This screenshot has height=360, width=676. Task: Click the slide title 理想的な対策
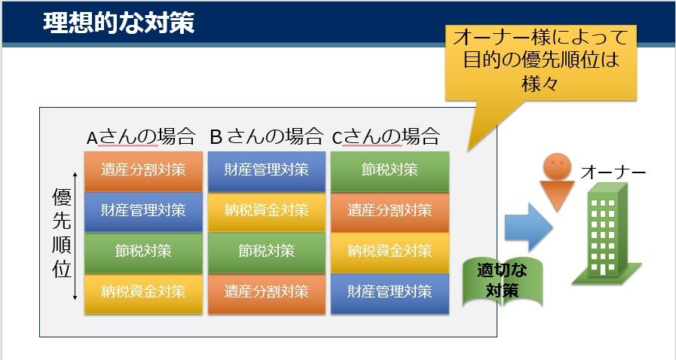pos(118,23)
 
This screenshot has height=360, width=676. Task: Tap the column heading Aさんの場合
pos(141,137)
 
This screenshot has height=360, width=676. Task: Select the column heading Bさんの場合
pos(266,137)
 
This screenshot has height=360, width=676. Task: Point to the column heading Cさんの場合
pos(386,137)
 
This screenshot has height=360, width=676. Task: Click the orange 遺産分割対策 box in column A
pos(143,171)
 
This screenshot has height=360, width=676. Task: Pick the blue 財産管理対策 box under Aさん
pos(143,212)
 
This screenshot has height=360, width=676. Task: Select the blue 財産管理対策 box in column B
pos(267,171)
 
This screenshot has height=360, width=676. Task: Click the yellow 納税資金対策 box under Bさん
pos(267,212)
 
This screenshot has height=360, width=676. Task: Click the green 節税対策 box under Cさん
pos(390,171)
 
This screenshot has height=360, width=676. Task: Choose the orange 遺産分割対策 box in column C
pos(390,212)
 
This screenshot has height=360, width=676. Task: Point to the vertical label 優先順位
pos(61,233)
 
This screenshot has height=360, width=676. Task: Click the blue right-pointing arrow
pos(528,227)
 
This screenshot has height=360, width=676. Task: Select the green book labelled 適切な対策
pos(502,282)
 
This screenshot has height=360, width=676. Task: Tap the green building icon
pos(606,233)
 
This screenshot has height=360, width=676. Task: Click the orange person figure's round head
pos(557,166)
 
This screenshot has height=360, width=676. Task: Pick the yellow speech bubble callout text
pos(540,59)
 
